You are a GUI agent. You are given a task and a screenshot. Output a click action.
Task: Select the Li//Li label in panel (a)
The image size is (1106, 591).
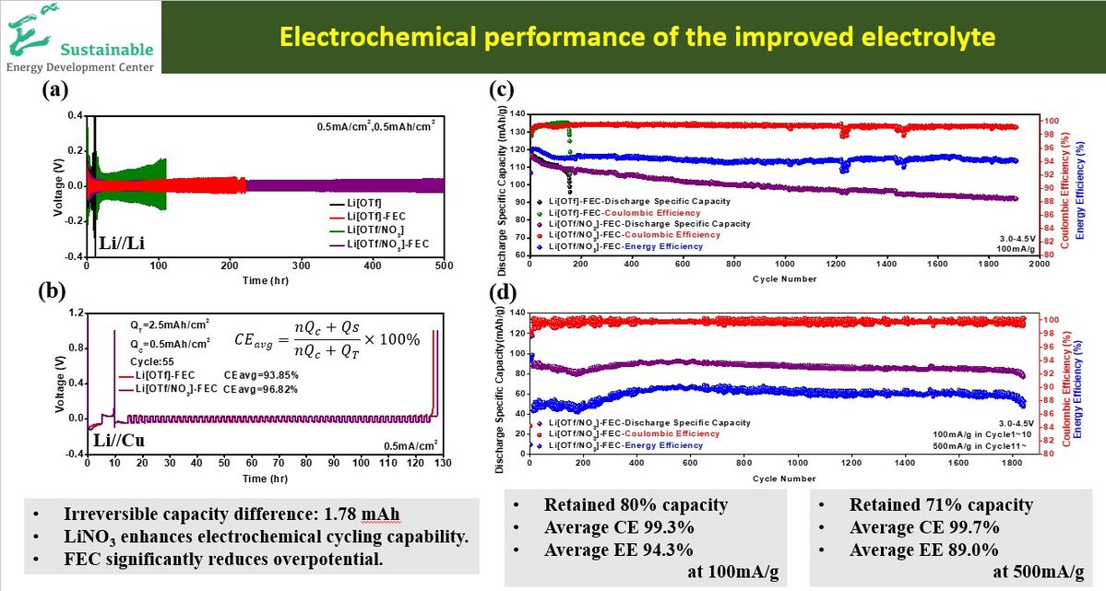point(123,244)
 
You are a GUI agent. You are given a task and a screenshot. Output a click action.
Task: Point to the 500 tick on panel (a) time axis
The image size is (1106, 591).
point(445,266)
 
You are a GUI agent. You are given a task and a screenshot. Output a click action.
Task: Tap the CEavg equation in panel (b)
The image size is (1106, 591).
point(327,338)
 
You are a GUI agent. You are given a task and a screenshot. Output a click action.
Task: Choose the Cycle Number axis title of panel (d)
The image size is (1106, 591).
point(784,479)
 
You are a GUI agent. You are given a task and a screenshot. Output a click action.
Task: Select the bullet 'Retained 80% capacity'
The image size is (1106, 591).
point(636,505)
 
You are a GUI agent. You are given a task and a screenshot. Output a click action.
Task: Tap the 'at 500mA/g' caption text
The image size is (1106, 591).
point(1039,572)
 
